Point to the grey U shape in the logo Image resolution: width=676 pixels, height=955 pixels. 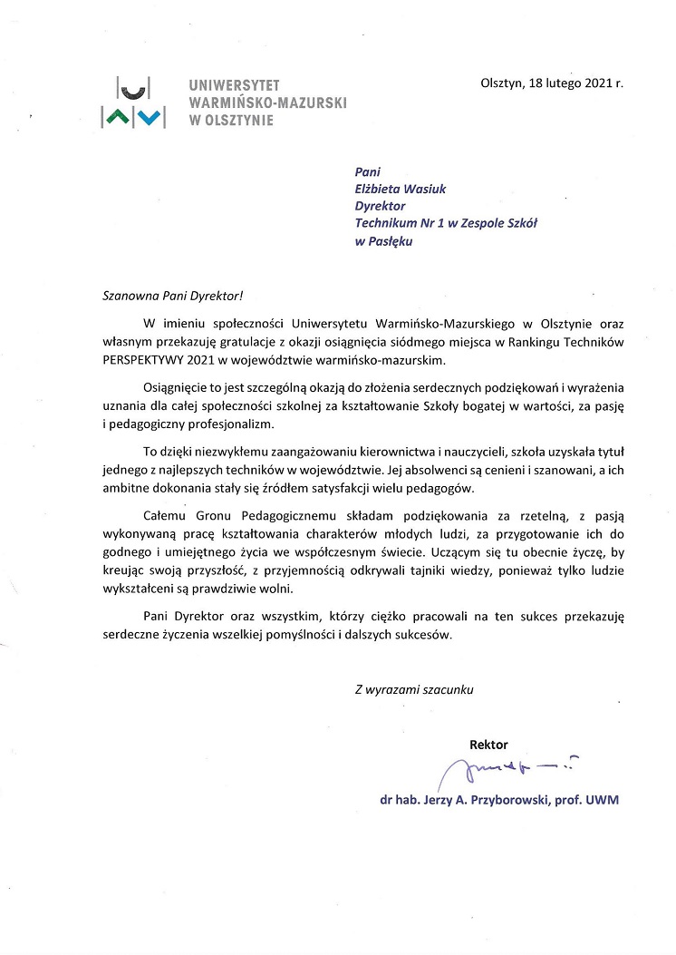coord(134,87)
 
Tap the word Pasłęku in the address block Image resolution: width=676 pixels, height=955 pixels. coord(391,241)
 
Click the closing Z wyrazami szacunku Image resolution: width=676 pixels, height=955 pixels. coord(414,689)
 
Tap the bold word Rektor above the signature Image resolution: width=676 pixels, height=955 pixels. coord(488,744)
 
